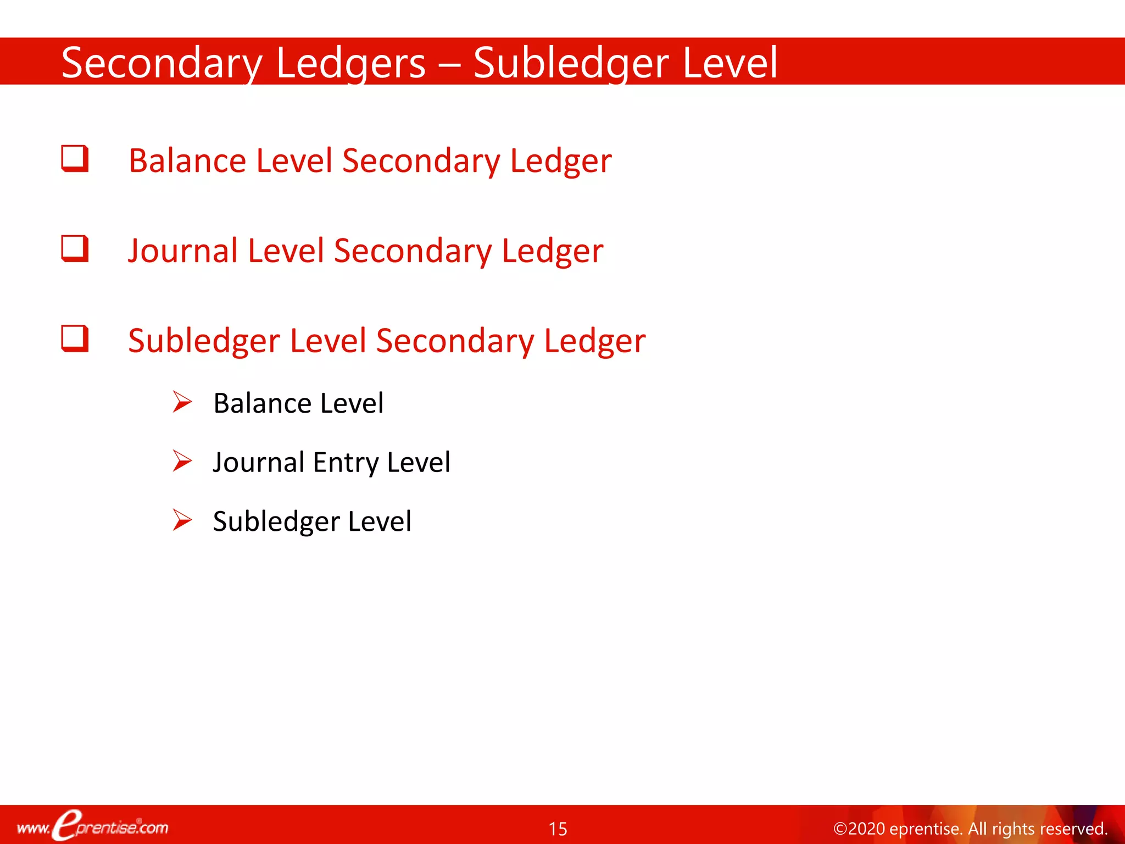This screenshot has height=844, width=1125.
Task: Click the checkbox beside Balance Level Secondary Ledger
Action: [x=75, y=159]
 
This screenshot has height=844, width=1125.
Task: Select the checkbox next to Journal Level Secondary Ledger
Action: [x=75, y=248]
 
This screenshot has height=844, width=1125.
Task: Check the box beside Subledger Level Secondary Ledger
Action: [x=75, y=338]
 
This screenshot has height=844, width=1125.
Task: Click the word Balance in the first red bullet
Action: [x=187, y=161]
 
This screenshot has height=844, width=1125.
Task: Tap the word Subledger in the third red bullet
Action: [x=204, y=341]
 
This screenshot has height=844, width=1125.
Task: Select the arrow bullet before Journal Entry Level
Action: [x=182, y=461]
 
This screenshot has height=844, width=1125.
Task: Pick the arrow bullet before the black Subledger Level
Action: [x=182, y=520]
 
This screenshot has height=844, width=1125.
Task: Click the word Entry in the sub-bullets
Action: [x=345, y=463]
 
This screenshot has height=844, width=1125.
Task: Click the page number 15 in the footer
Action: [x=558, y=829]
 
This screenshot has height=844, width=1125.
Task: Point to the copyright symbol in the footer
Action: [x=840, y=829]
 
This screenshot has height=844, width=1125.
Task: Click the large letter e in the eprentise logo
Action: [x=68, y=825]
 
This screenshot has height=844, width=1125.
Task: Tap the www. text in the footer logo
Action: [x=33, y=828]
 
